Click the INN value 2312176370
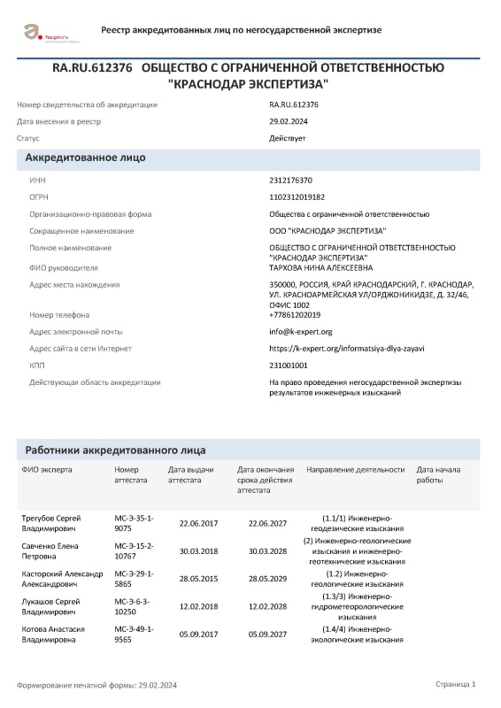[x=291, y=180]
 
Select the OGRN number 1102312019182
[x=297, y=196]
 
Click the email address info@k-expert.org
[x=301, y=332]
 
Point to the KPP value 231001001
[x=289, y=365]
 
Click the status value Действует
[x=288, y=138]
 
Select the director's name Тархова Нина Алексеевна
[x=321, y=266]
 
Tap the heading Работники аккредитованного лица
[x=115, y=450]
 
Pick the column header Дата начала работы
[x=439, y=474]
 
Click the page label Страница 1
[x=456, y=684]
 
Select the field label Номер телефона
[x=59, y=315]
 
